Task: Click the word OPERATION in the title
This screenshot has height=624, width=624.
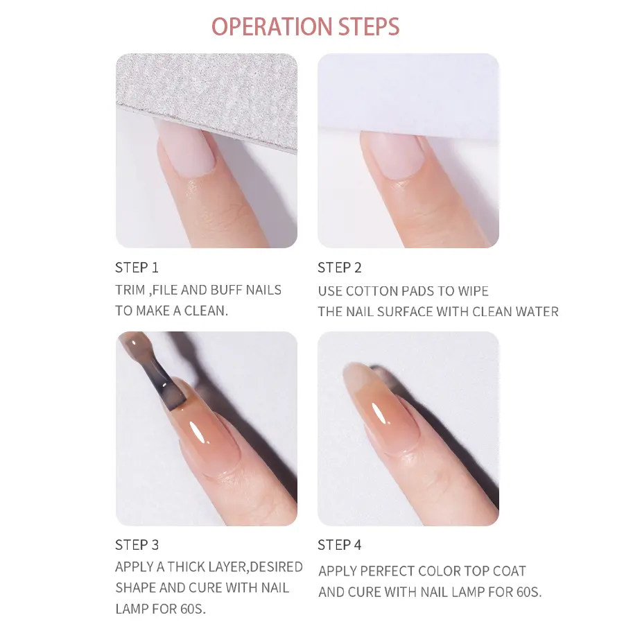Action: pos(271,27)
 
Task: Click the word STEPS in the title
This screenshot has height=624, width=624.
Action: pos(369,27)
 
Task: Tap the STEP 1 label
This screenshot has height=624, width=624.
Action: pos(137,268)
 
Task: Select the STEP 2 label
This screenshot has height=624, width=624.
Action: pos(340,268)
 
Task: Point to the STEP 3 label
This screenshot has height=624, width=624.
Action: pos(137,545)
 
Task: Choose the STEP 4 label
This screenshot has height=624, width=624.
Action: pos(340,545)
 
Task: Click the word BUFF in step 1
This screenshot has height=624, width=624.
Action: pos(226,290)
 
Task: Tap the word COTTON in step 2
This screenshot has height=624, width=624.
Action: pos(370,291)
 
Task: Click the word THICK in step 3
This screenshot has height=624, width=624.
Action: pos(184,566)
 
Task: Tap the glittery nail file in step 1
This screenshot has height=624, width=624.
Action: pos(207,96)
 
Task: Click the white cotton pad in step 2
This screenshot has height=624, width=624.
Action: pos(408,96)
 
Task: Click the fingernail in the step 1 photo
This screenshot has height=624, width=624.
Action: pos(187,148)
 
